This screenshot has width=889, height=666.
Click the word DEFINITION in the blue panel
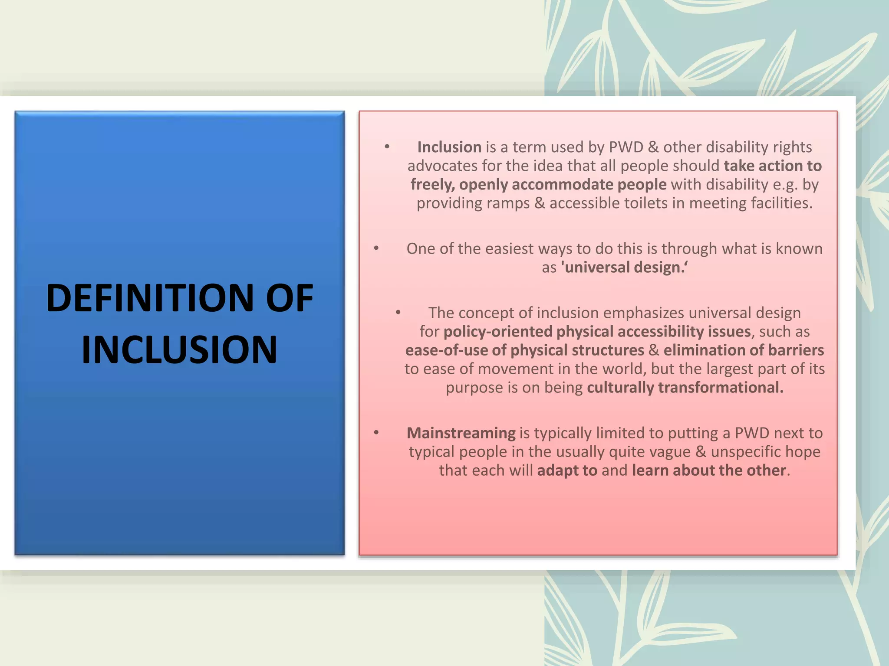[149, 298]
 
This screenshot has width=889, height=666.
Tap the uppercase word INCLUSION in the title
[179, 349]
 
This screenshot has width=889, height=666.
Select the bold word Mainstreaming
[461, 433]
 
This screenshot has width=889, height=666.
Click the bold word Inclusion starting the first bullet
[449, 147]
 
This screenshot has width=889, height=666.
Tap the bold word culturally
[620, 387]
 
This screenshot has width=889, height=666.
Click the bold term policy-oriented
[498, 331]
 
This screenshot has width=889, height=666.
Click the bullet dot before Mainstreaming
[376, 432]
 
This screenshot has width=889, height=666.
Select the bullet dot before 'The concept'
[398, 312]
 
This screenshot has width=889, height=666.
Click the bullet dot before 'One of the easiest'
[376, 248]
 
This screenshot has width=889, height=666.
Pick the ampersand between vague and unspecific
[701, 451]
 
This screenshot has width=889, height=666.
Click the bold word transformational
[721, 387]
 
